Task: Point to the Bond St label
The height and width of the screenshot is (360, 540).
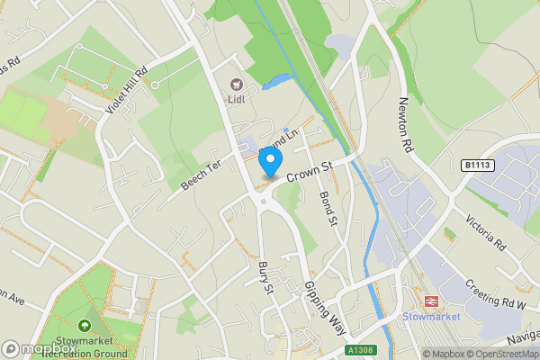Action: [328, 207]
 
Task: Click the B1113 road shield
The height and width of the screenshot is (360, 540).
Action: [480, 165]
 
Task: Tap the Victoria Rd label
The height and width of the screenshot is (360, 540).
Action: [485, 232]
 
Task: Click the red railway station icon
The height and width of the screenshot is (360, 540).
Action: [430, 301]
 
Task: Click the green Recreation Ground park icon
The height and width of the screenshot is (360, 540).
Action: [85, 325]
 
